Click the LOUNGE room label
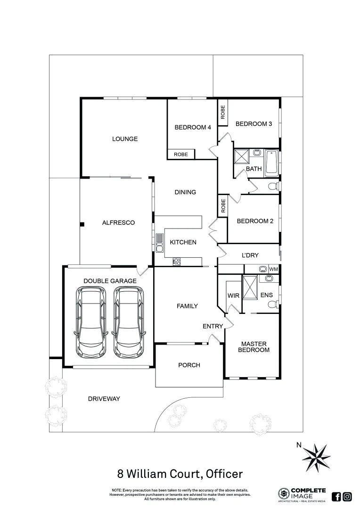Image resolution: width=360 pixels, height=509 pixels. [x=125, y=139]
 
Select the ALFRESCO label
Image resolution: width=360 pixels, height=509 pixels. [x=119, y=222]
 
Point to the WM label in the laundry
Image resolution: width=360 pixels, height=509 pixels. [x=273, y=269]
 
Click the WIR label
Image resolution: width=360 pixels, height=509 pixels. [x=233, y=296]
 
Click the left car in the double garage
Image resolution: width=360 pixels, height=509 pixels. [x=91, y=323]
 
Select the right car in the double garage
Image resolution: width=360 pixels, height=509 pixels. [x=129, y=323]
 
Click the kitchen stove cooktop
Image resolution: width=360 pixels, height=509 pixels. [x=177, y=260]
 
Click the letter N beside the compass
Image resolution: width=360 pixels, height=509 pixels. [x=298, y=444]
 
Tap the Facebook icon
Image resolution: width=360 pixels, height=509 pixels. [x=336, y=496]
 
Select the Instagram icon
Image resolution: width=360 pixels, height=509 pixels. [x=347, y=496]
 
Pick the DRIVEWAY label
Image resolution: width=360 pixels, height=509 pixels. [x=104, y=399]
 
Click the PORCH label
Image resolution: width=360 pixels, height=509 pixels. [x=189, y=365]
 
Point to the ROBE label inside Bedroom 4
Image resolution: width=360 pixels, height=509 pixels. [x=181, y=154]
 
